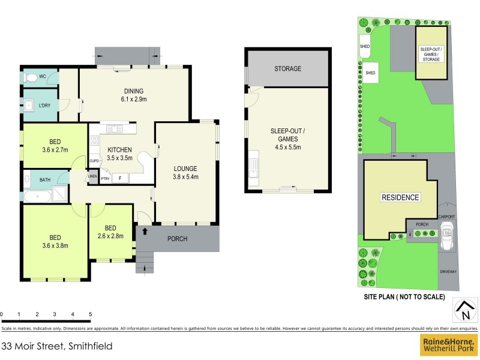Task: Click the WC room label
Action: click(43, 77)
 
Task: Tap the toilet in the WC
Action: click(31, 77)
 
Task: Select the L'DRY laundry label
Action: click(46, 106)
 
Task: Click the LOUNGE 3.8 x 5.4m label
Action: click(185, 172)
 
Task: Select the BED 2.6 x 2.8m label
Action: click(110, 232)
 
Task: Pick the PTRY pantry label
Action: click(105, 178)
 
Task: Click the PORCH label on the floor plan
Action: click(177, 239)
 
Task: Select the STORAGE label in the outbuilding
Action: click(288, 69)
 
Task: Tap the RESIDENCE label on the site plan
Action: click(401, 197)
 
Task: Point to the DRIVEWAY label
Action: click(448, 271)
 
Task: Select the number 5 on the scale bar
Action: click(90, 314)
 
